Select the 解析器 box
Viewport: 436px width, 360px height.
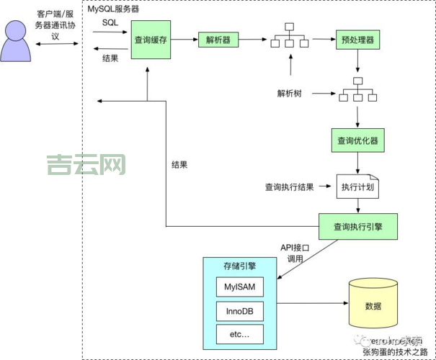pyautogui.click(x=218, y=40)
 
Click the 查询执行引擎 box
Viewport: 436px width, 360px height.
pyautogui.click(x=358, y=226)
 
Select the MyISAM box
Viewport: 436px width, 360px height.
pyautogui.click(x=239, y=288)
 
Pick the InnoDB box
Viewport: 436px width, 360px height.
pyautogui.click(x=239, y=311)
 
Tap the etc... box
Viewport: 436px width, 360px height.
pyautogui.click(x=239, y=334)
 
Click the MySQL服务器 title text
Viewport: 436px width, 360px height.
pyautogui.click(x=113, y=9)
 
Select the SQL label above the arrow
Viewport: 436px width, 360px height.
pyautogui.click(x=110, y=22)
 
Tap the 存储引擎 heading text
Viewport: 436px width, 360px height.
pyautogui.click(x=239, y=266)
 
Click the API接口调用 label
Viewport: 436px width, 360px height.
pyautogui.click(x=295, y=253)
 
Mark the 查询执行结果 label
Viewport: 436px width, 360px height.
pyautogui.click(x=289, y=187)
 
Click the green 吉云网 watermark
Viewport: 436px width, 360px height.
pyautogui.click(x=86, y=166)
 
